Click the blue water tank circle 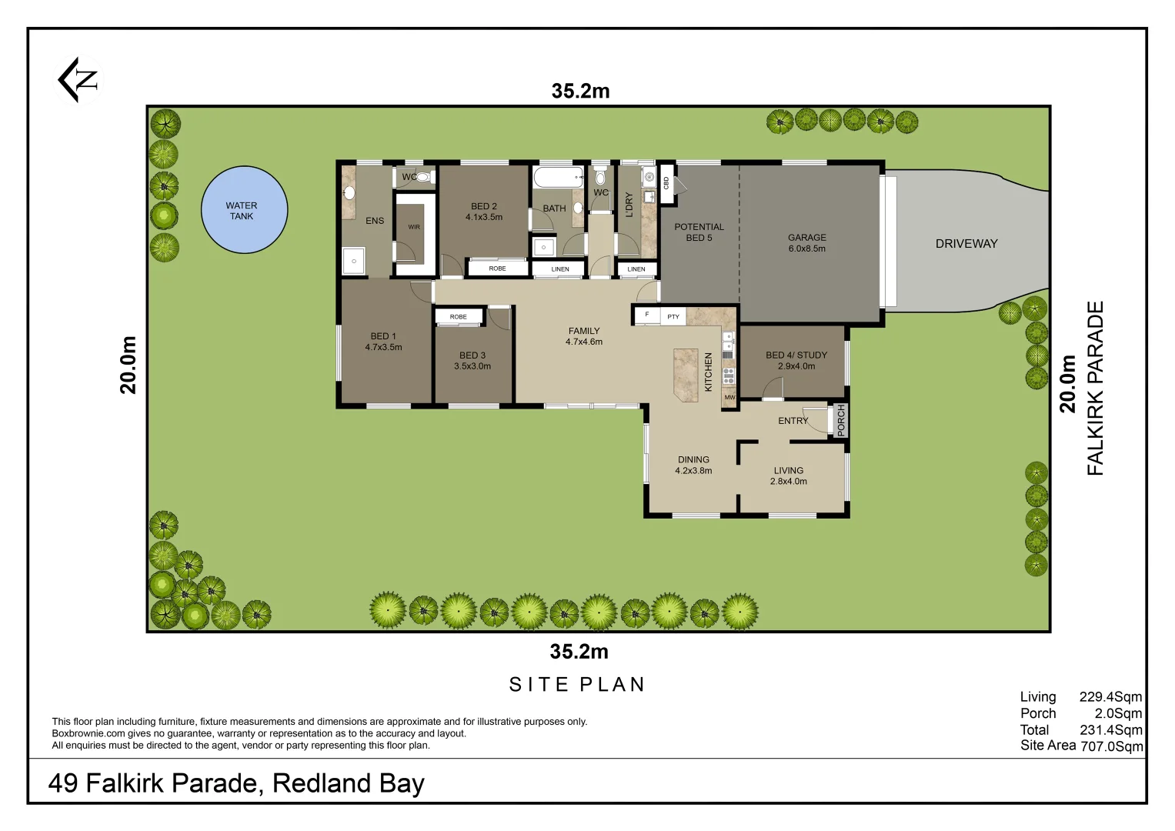[x=244, y=210]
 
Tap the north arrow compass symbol [x=78, y=79]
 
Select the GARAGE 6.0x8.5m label [x=806, y=243]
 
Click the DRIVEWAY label [x=966, y=244]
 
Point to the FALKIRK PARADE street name [x=1095, y=388]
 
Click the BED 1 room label [x=383, y=342]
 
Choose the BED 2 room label [x=483, y=212]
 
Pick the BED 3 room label [x=472, y=361]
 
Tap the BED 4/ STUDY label [x=796, y=361]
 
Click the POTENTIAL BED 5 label [x=699, y=232]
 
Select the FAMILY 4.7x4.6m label [x=583, y=336]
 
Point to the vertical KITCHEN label [x=709, y=372]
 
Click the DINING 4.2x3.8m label [x=693, y=465]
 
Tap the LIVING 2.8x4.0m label [x=788, y=476]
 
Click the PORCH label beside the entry [x=840, y=421]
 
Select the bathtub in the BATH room [x=558, y=179]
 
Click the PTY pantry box [x=673, y=316]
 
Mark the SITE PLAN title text [x=577, y=685]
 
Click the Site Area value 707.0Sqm [x=1111, y=746]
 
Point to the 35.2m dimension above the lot [x=580, y=92]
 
